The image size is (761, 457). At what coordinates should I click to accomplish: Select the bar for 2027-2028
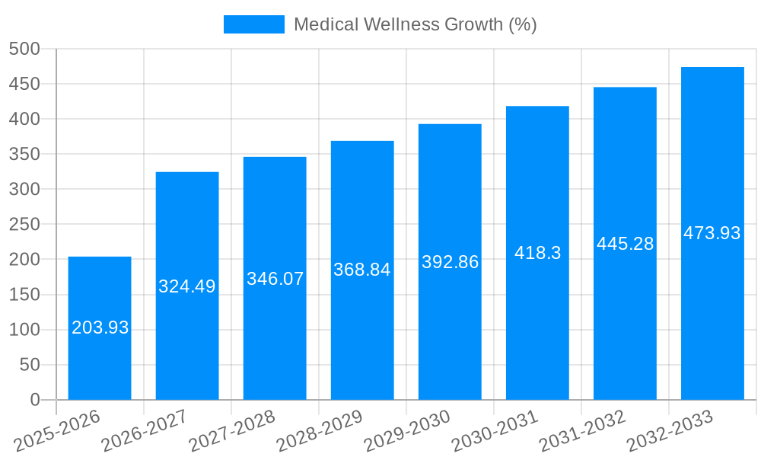[x=275, y=335]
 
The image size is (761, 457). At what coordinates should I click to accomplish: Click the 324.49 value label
[x=187, y=286]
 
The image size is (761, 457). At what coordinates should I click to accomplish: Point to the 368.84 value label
[x=362, y=270]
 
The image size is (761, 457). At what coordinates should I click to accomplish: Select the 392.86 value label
[x=450, y=262]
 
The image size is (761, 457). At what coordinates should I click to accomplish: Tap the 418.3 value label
[x=537, y=253]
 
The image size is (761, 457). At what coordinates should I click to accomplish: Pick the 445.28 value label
[x=625, y=244]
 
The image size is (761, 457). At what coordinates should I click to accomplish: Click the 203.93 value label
[x=100, y=328]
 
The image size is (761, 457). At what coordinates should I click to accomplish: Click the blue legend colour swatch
[x=253, y=24]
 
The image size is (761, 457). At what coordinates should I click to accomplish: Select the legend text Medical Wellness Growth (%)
[x=416, y=24]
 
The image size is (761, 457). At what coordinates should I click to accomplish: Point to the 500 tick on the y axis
[x=24, y=49]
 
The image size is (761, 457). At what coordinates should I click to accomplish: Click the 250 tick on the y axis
[x=24, y=225]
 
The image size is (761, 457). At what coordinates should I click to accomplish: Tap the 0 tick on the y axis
[x=34, y=400]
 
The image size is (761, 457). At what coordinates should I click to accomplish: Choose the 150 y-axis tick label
[x=24, y=295]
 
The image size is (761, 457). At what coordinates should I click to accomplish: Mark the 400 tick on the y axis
[x=24, y=119]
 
